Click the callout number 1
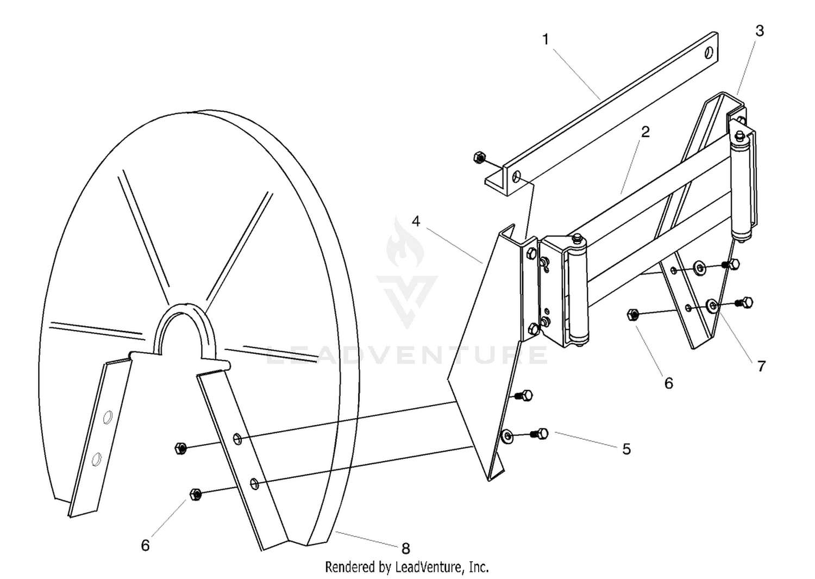546,39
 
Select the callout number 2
645,132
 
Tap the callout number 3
760,31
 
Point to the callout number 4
416,221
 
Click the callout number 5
626,449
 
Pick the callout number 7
762,366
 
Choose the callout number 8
406,548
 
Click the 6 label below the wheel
145,545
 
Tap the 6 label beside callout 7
669,383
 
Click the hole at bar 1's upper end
709,53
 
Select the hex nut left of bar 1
479,158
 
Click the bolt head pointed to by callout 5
543,433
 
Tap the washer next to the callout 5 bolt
507,436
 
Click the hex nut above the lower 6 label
196,494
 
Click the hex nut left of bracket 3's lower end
633,314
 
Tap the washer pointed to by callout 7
712,305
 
